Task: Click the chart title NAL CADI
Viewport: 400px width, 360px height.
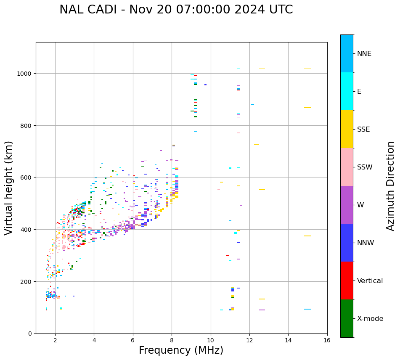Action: tap(176, 10)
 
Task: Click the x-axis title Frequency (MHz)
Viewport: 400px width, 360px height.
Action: tap(181, 350)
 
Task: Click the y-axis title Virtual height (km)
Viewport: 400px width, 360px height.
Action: tap(9, 188)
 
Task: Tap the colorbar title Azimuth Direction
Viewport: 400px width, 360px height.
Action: tap(391, 186)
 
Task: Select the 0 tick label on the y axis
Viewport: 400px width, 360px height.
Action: tap(30, 334)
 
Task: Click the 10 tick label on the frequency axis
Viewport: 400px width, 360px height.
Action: tap(211, 341)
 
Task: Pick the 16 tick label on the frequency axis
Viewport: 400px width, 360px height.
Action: tap(327, 341)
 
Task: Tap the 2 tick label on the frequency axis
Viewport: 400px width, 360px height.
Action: tap(55, 341)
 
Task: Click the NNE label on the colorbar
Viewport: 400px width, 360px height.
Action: tap(364, 53)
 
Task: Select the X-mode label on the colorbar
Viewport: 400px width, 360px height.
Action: tap(370, 319)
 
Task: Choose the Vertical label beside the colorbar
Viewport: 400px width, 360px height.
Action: tap(370, 281)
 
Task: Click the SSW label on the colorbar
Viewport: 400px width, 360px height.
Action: tap(365, 167)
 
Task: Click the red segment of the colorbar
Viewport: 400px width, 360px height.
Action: tap(347, 281)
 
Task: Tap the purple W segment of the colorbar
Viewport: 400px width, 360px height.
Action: tap(347, 205)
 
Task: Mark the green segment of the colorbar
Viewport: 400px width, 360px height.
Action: tap(347, 318)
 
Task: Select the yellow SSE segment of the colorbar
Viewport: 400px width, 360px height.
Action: tap(347, 129)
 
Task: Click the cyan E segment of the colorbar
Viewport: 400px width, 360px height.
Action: tap(347, 91)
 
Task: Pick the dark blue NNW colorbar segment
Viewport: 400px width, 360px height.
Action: tap(347, 243)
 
